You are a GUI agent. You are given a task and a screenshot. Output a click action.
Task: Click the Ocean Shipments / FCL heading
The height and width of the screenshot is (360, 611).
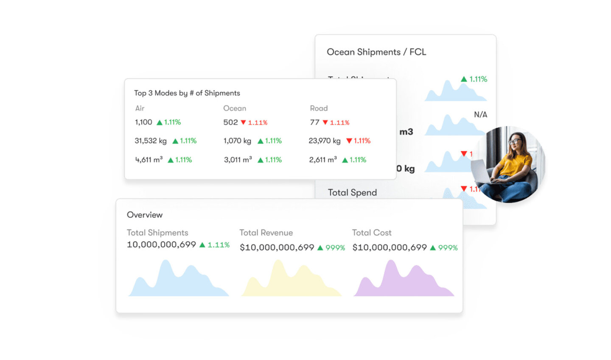376,52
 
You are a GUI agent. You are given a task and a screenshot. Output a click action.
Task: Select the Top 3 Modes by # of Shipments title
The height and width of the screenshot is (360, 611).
187,93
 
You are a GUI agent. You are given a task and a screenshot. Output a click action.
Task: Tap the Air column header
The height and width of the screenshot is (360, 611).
140,108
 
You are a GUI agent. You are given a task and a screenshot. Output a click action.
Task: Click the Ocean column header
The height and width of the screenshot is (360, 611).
234,108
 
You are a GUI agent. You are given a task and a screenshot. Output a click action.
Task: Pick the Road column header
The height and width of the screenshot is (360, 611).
319,108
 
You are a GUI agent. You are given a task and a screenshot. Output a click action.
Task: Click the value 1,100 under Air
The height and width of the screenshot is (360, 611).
143,122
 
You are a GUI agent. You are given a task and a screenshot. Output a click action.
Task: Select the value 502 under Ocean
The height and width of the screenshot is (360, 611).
230,122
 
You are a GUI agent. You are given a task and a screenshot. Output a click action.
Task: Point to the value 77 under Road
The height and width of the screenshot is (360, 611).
314,122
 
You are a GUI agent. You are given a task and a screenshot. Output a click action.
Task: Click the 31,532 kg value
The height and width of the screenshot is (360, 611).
151,141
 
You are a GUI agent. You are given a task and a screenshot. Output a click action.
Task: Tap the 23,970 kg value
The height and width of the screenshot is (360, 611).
325,141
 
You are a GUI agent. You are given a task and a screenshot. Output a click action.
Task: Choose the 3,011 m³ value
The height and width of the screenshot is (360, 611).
238,160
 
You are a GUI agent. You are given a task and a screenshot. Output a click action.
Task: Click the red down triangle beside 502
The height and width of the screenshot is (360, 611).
244,122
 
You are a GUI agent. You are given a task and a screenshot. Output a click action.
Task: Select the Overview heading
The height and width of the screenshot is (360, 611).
145,215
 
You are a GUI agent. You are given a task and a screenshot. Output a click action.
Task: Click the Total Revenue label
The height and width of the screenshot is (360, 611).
266,233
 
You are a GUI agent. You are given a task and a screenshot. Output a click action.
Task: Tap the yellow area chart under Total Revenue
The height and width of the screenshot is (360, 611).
289,282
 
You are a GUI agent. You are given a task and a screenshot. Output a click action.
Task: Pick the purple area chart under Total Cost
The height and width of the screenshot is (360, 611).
403,282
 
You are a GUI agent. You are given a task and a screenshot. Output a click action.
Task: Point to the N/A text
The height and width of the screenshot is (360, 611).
480,115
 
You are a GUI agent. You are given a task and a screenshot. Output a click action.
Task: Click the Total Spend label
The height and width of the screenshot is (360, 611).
352,193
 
